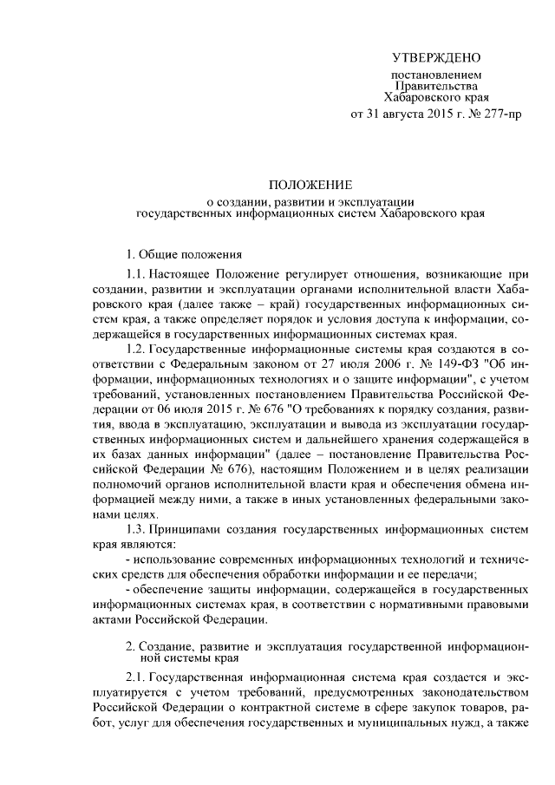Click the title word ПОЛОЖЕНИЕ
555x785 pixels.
pos(310,185)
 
